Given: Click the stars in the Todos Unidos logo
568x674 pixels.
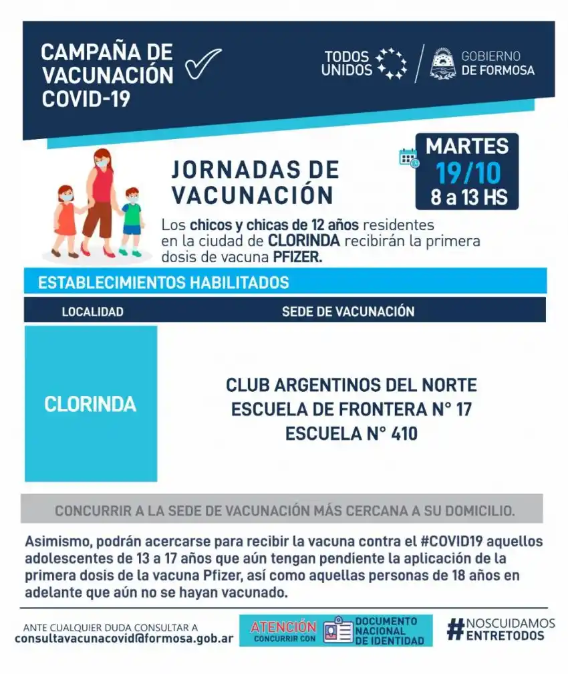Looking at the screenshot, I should [392, 64].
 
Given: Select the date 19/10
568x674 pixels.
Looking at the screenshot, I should [468, 173].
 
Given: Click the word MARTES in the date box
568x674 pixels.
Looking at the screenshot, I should [467, 146].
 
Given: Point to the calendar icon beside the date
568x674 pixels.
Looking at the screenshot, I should [408, 158].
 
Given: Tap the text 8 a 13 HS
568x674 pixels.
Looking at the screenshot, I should [468, 198].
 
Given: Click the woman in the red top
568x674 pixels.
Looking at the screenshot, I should [101, 201].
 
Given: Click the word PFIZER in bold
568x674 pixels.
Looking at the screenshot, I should [298, 257].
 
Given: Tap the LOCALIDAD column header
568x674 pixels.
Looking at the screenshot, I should [92, 312].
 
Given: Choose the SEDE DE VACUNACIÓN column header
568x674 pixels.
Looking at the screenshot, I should [347, 312].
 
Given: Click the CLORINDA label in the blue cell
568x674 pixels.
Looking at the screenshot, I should [90, 404].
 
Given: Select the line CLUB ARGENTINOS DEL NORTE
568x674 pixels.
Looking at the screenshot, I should [351, 385].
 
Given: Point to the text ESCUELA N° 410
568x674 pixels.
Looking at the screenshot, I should [351, 433].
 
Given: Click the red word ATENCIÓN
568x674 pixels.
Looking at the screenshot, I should [283, 627].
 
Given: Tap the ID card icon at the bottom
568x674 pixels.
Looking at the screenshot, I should [337, 631].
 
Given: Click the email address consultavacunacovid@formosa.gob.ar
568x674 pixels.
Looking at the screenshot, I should [124, 639].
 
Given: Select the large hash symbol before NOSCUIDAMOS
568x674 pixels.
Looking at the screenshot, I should [456, 629].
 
